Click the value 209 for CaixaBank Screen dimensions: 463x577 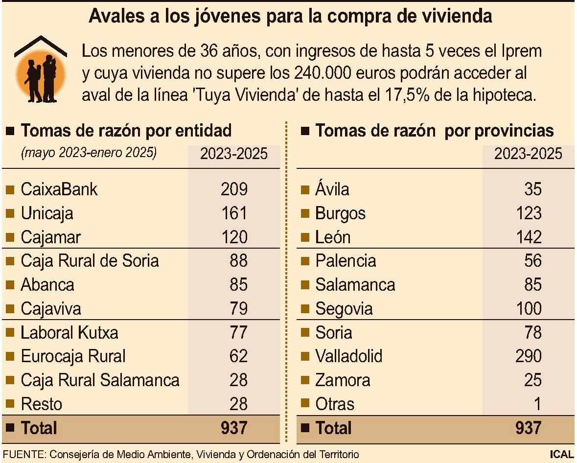pyautogui.click(x=234, y=189)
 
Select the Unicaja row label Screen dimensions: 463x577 pyautogui.click(x=46, y=213)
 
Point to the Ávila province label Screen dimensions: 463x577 pyautogui.click(x=332, y=189)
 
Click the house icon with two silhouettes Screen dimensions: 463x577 pyautogui.click(x=41, y=69)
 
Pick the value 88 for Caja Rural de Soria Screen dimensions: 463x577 pyautogui.click(x=238, y=260)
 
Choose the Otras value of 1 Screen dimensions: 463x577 pyautogui.click(x=537, y=404)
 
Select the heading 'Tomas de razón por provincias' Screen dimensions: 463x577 pyautogui.click(x=434, y=131)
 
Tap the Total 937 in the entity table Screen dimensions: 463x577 pyautogui.click(x=234, y=428)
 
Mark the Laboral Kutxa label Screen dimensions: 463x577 pyautogui.click(x=69, y=333)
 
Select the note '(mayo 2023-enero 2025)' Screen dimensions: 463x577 pyautogui.click(x=89, y=153)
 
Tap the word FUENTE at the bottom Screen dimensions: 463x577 pyautogui.click(x=23, y=454)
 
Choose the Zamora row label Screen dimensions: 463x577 pyautogui.click(x=343, y=380)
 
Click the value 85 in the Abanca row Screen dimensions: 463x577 pyautogui.click(x=238, y=285)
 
